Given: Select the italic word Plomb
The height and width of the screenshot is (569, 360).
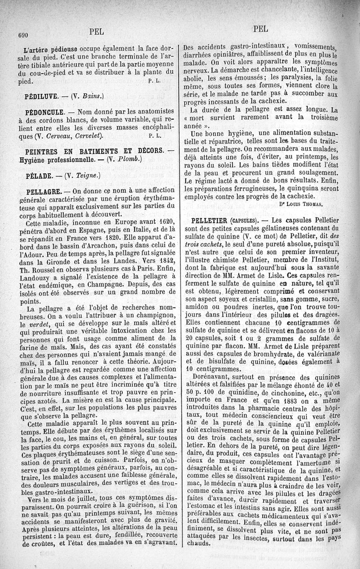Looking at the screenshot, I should click(x=127, y=159).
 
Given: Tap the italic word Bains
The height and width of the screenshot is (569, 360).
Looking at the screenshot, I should click(x=92, y=96).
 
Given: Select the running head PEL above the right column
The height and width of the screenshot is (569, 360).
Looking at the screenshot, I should click(x=261, y=29).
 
